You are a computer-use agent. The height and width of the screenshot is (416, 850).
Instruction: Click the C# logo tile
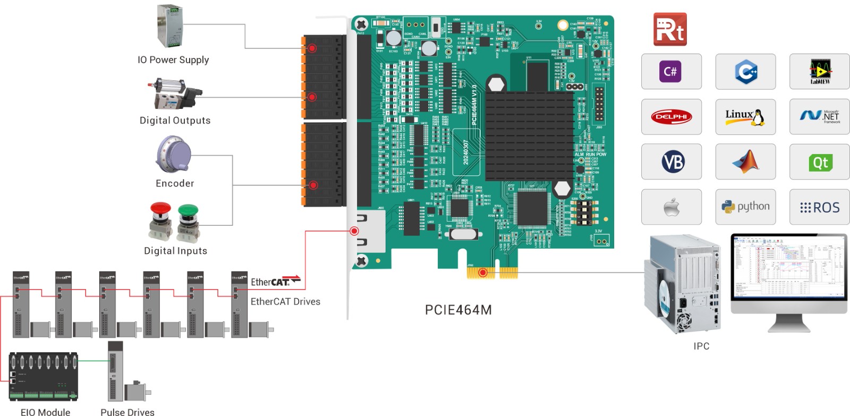coord(671,71)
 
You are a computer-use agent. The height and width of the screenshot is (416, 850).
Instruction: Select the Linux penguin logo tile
coord(745,116)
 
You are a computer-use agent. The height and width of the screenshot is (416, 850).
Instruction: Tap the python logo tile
coord(745,207)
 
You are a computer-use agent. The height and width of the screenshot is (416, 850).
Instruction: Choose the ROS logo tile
coord(819,207)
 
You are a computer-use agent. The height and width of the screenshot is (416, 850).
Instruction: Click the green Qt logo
coord(820,162)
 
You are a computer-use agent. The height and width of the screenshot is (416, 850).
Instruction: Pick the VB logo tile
coord(671,162)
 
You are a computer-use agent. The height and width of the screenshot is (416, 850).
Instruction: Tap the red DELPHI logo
coord(671,116)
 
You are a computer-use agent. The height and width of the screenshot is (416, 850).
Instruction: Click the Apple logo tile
coord(671,207)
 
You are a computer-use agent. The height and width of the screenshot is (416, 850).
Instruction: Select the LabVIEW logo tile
coord(819,71)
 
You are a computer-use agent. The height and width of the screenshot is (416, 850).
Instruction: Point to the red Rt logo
coord(670,29)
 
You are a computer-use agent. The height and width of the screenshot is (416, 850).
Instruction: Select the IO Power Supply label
coord(173,60)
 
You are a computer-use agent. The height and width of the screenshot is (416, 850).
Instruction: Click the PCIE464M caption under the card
coord(458,310)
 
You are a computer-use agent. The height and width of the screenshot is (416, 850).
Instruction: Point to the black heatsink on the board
coord(529,135)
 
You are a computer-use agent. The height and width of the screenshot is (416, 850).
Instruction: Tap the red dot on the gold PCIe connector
coord(482,273)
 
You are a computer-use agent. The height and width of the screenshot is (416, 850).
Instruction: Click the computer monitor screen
coord(788,267)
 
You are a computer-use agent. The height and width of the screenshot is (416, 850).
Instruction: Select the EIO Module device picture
coord(44,376)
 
